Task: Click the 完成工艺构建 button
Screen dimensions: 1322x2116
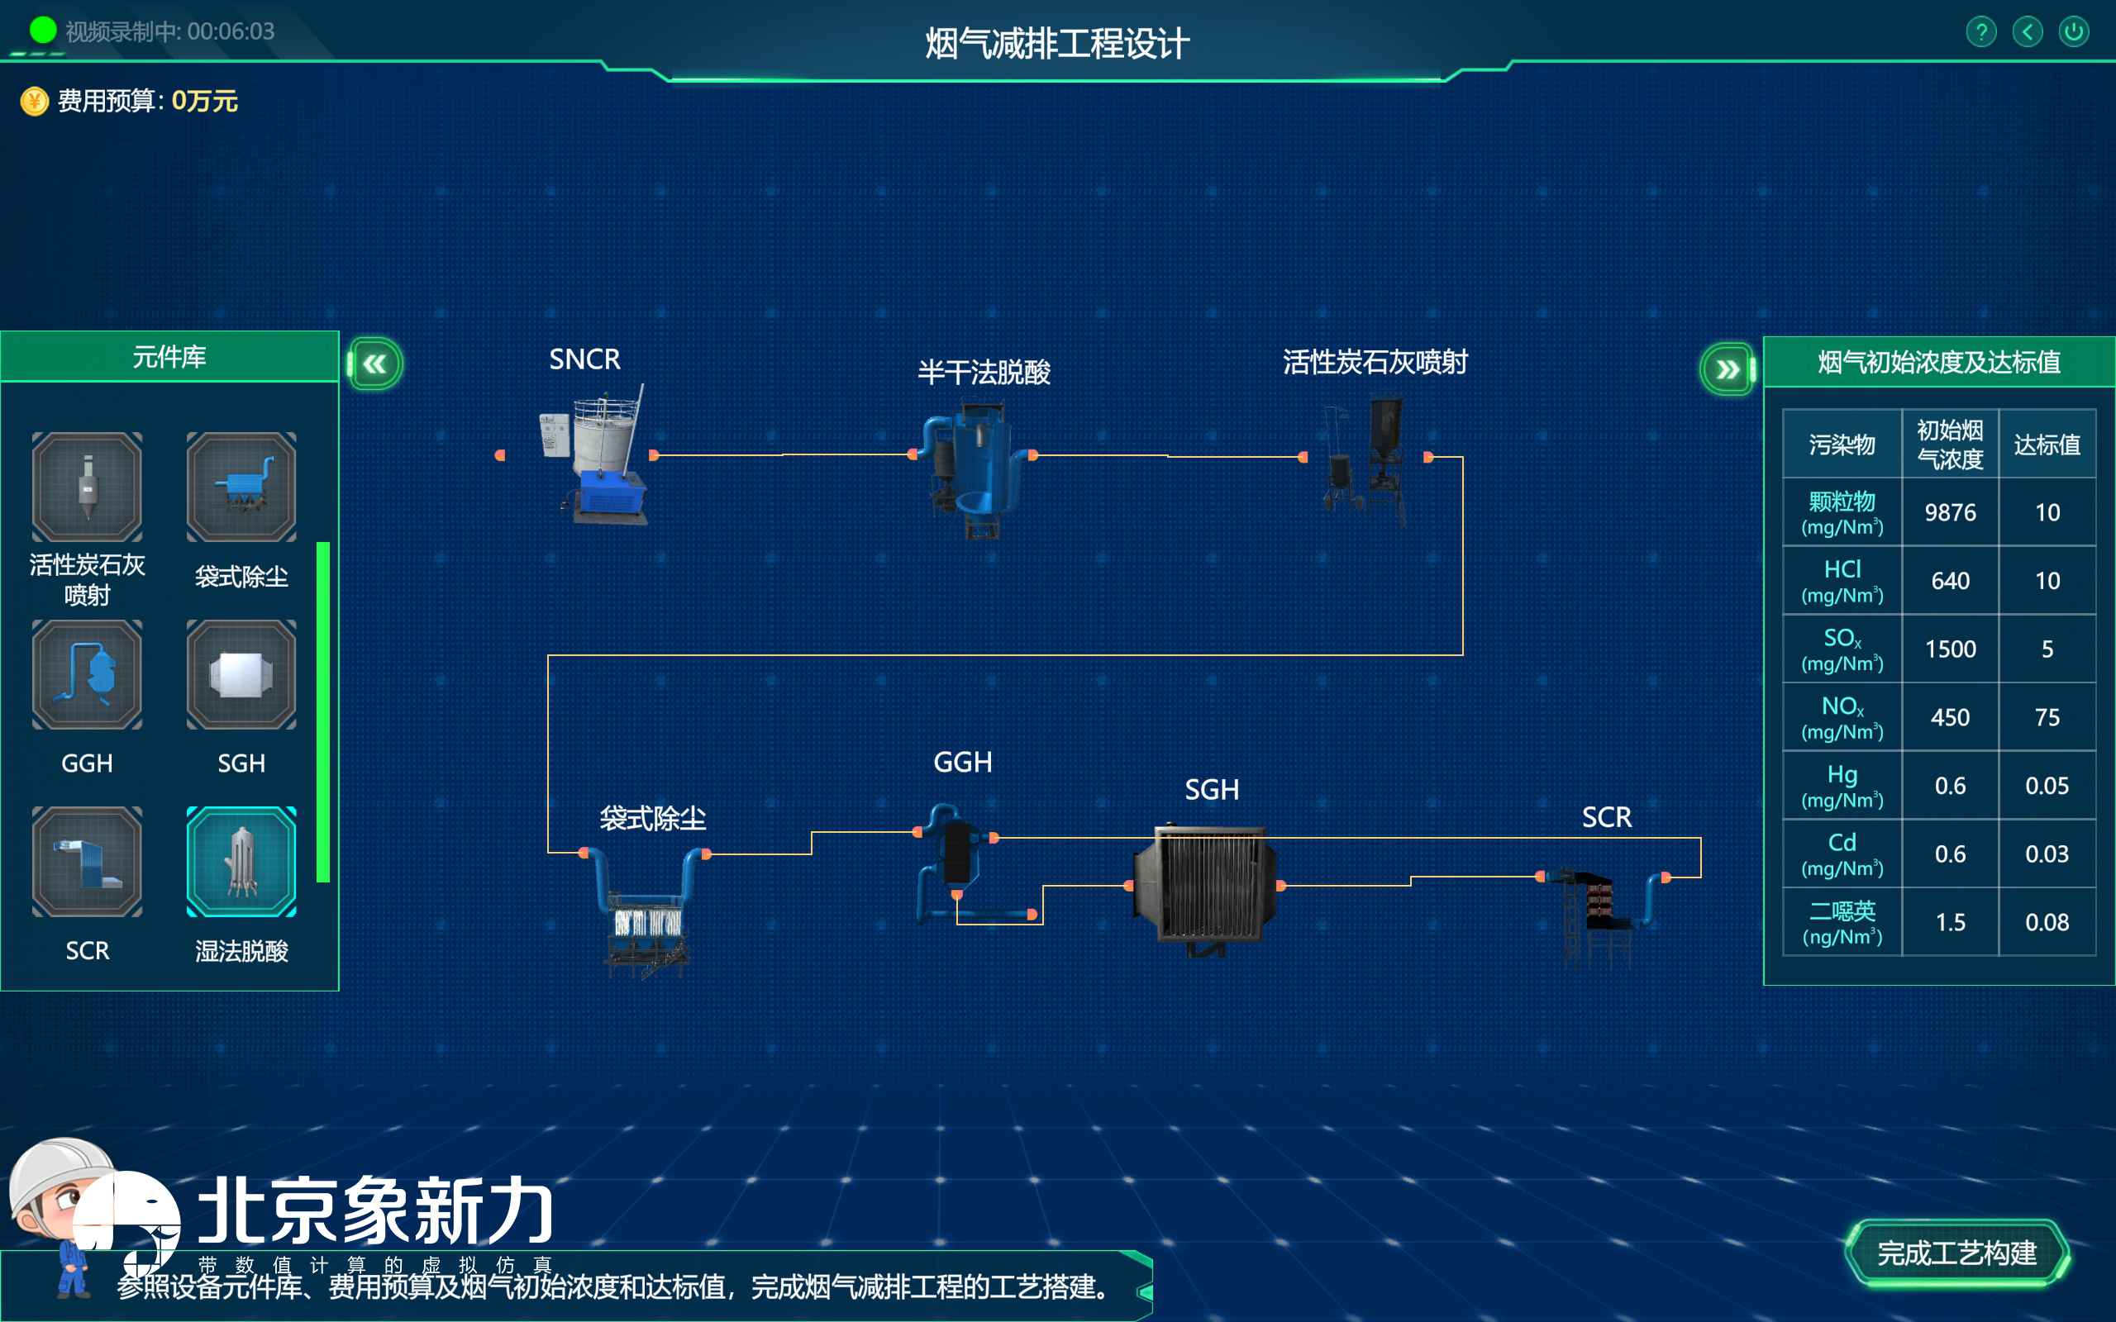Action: click(x=1956, y=1253)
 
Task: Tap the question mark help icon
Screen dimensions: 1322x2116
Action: click(x=1980, y=32)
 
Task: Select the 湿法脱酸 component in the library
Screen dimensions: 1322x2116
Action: click(x=241, y=862)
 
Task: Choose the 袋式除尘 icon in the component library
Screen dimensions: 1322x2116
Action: click(x=241, y=487)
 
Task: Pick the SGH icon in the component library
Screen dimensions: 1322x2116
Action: click(x=241, y=675)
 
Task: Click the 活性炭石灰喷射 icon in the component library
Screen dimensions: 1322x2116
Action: click(x=87, y=487)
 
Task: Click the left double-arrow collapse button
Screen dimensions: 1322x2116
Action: click(x=375, y=364)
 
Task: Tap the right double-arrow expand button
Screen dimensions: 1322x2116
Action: click(x=1727, y=369)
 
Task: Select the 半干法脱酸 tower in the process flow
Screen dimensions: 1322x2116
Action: click(x=975, y=468)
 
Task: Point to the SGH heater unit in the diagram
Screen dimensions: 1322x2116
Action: click(x=1205, y=885)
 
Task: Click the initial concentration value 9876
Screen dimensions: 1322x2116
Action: click(x=1950, y=512)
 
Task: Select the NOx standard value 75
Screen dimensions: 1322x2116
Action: click(x=2046, y=717)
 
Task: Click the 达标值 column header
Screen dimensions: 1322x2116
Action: click(x=2046, y=445)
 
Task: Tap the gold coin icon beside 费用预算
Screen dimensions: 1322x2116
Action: click(x=34, y=102)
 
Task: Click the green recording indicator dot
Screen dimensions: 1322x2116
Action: click(x=43, y=31)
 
